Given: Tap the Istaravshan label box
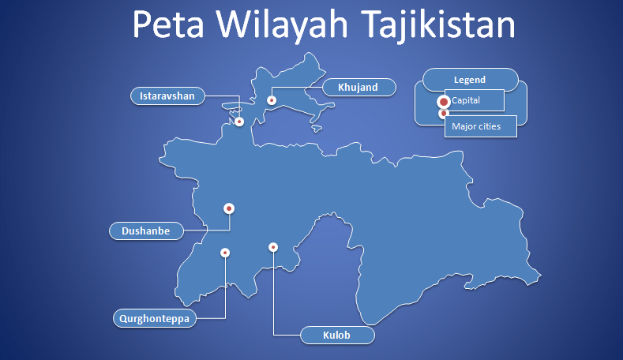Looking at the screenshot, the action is [167, 96].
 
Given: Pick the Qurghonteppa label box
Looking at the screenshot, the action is [155, 319].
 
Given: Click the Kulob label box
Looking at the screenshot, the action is [337, 336].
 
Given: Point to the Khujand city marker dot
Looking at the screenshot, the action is [271, 100].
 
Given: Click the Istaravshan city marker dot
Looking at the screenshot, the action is [239, 122].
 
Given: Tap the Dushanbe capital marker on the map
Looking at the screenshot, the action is [229, 208].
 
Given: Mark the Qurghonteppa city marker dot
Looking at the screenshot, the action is [225, 253].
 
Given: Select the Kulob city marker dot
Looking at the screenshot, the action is [273, 247].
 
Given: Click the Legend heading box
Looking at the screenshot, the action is [470, 80].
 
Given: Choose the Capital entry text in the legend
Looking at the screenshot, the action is [467, 100].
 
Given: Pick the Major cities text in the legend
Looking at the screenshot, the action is [475, 126].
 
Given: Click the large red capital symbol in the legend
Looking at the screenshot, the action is [444, 102].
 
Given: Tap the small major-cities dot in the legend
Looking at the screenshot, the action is [444, 114].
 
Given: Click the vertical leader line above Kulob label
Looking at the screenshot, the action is [273, 292].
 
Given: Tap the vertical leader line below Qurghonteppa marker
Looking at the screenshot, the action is [225, 288].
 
